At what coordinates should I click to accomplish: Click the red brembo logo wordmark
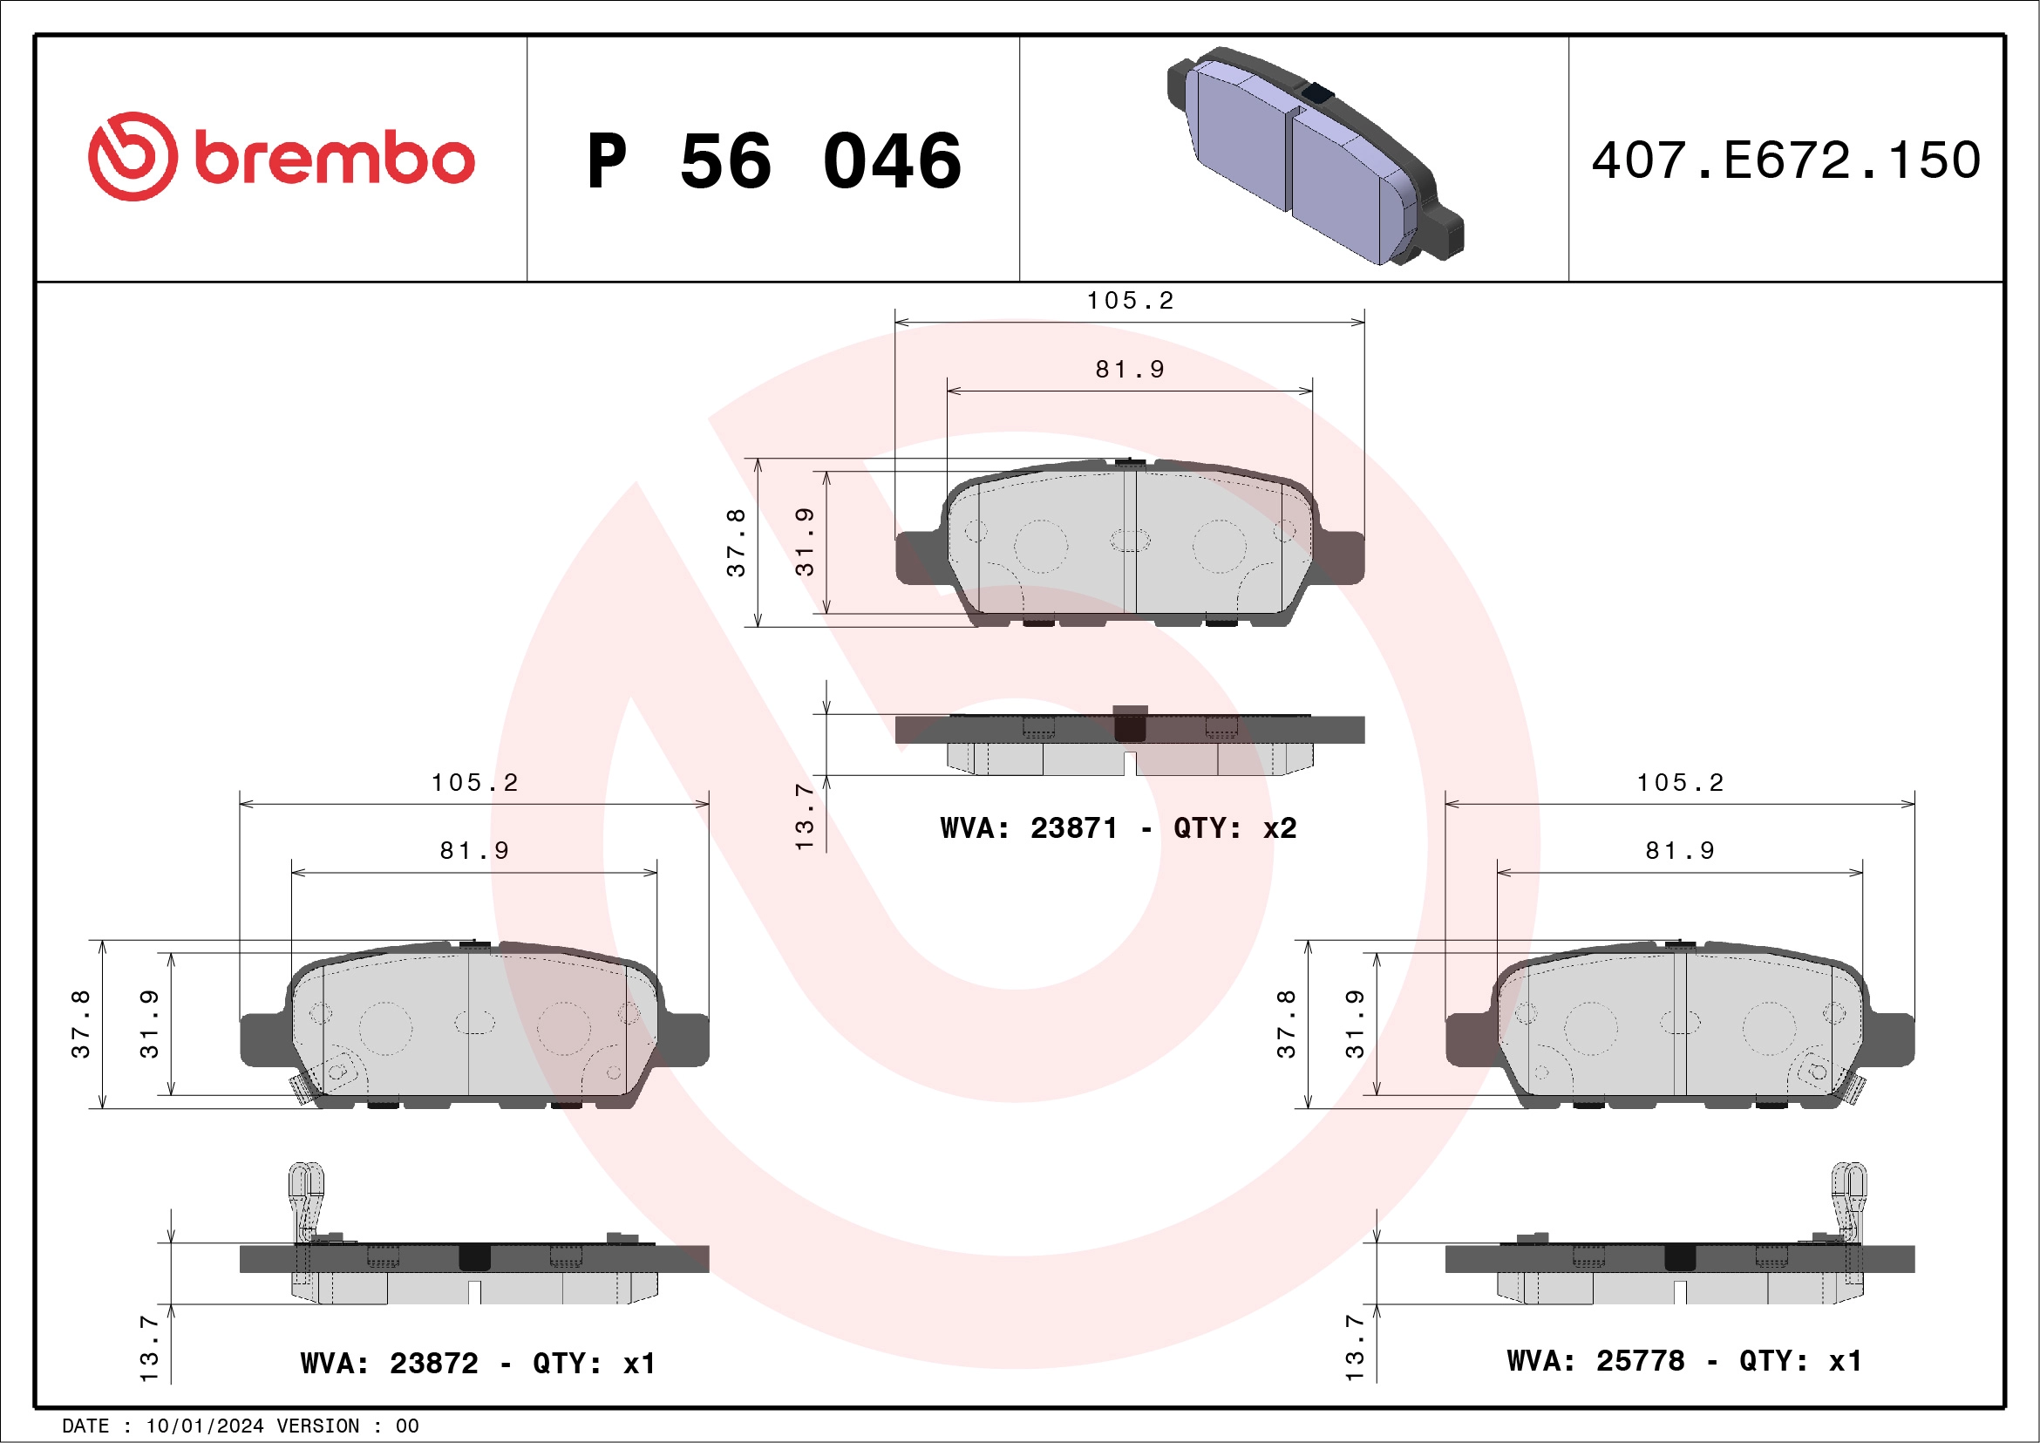point(333,160)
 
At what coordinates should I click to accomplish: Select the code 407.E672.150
point(1786,160)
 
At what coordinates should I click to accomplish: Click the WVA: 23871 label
point(1028,828)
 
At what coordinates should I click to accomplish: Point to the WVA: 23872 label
point(388,1363)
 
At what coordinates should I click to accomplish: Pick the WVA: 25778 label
point(1595,1360)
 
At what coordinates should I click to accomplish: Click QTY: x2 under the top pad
point(1234,828)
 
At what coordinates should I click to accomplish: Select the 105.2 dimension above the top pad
point(1129,300)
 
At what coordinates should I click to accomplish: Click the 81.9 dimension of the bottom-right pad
point(1679,850)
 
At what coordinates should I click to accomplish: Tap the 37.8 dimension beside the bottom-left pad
point(81,1024)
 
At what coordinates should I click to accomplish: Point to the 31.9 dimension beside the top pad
point(804,542)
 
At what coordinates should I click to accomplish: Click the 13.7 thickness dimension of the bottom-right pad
point(1354,1347)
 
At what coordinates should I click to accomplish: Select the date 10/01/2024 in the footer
point(204,1426)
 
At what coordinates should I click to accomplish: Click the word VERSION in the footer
point(317,1426)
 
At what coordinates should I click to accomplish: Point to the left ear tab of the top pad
point(918,558)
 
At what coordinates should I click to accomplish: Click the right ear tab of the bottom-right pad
point(1890,1038)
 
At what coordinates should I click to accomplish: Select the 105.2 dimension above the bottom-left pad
point(474,782)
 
